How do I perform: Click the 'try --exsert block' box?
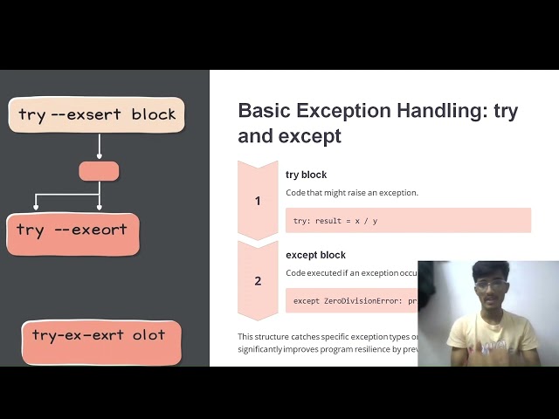click(x=96, y=114)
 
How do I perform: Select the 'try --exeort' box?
click(x=72, y=232)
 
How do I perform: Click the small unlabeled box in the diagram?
click(x=99, y=171)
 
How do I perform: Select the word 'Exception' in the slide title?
click(x=347, y=111)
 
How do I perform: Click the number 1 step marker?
click(x=258, y=201)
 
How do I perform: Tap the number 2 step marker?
click(x=258, y=281)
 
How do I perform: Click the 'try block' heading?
click(x=306, y=175)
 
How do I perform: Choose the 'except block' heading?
click(x=315, y=255)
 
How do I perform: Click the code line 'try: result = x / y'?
click(x=335, y=221)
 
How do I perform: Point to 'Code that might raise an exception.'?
click(x=352, y=192)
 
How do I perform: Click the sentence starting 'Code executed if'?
click(x=349, y=273)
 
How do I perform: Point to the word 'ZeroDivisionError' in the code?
click(x=366, y=301)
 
